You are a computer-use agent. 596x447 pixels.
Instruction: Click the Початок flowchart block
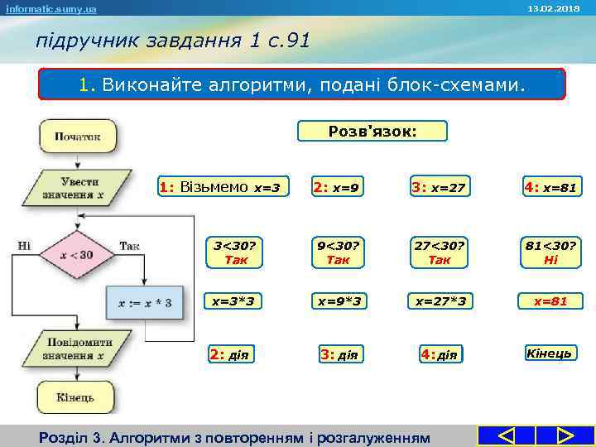[x=78, y=136]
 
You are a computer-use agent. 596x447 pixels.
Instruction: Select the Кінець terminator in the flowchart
[x=75, y=397]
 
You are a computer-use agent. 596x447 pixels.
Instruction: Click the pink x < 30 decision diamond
[x=76, y=255]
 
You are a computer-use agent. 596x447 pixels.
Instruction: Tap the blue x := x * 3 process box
[x=144, y=303]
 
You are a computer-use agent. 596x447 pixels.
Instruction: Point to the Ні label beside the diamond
[x=24, y=245]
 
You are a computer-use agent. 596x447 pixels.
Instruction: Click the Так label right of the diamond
[x=130, y=245]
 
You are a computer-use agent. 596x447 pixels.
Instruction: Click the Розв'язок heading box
[x=372, y=131]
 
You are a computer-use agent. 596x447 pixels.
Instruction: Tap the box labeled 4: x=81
[x=550, y=188]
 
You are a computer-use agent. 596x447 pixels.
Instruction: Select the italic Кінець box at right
[x=550, y=353]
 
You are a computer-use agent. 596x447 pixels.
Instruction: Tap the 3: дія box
[x=339, y=355]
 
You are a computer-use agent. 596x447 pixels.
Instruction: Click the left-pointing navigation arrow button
[x=506, y=435]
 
